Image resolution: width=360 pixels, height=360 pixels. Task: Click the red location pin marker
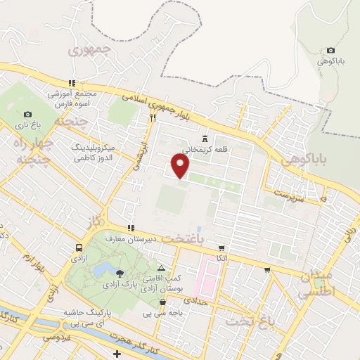click(181, 166)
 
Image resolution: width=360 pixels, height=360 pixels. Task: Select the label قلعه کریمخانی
click(205, 150)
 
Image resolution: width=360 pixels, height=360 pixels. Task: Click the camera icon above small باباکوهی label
click(330, 51)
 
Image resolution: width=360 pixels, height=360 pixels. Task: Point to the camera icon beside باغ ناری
click(27, 115)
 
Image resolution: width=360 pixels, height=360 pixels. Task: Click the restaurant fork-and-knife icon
click(152, 118)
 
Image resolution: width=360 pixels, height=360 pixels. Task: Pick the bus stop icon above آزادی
click(78, 247)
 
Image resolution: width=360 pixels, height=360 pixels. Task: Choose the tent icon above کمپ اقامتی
click(162, 268)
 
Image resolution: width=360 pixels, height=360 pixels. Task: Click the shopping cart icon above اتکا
click(221, 248)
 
